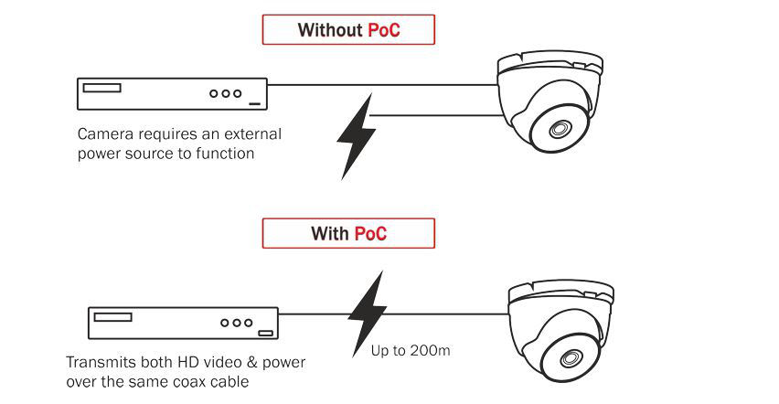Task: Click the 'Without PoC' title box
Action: (x=348, y=30)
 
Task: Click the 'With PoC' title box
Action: (x=348, y=233)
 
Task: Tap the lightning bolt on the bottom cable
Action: (x=368, y=312)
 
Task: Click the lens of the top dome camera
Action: (x=560, y=129)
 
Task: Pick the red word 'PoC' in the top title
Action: (x=384, y=30)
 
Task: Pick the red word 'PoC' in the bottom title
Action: (x=370, y=233)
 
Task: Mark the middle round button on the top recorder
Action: (x=226, y=93)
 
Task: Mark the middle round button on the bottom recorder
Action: (x=236, y=323)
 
